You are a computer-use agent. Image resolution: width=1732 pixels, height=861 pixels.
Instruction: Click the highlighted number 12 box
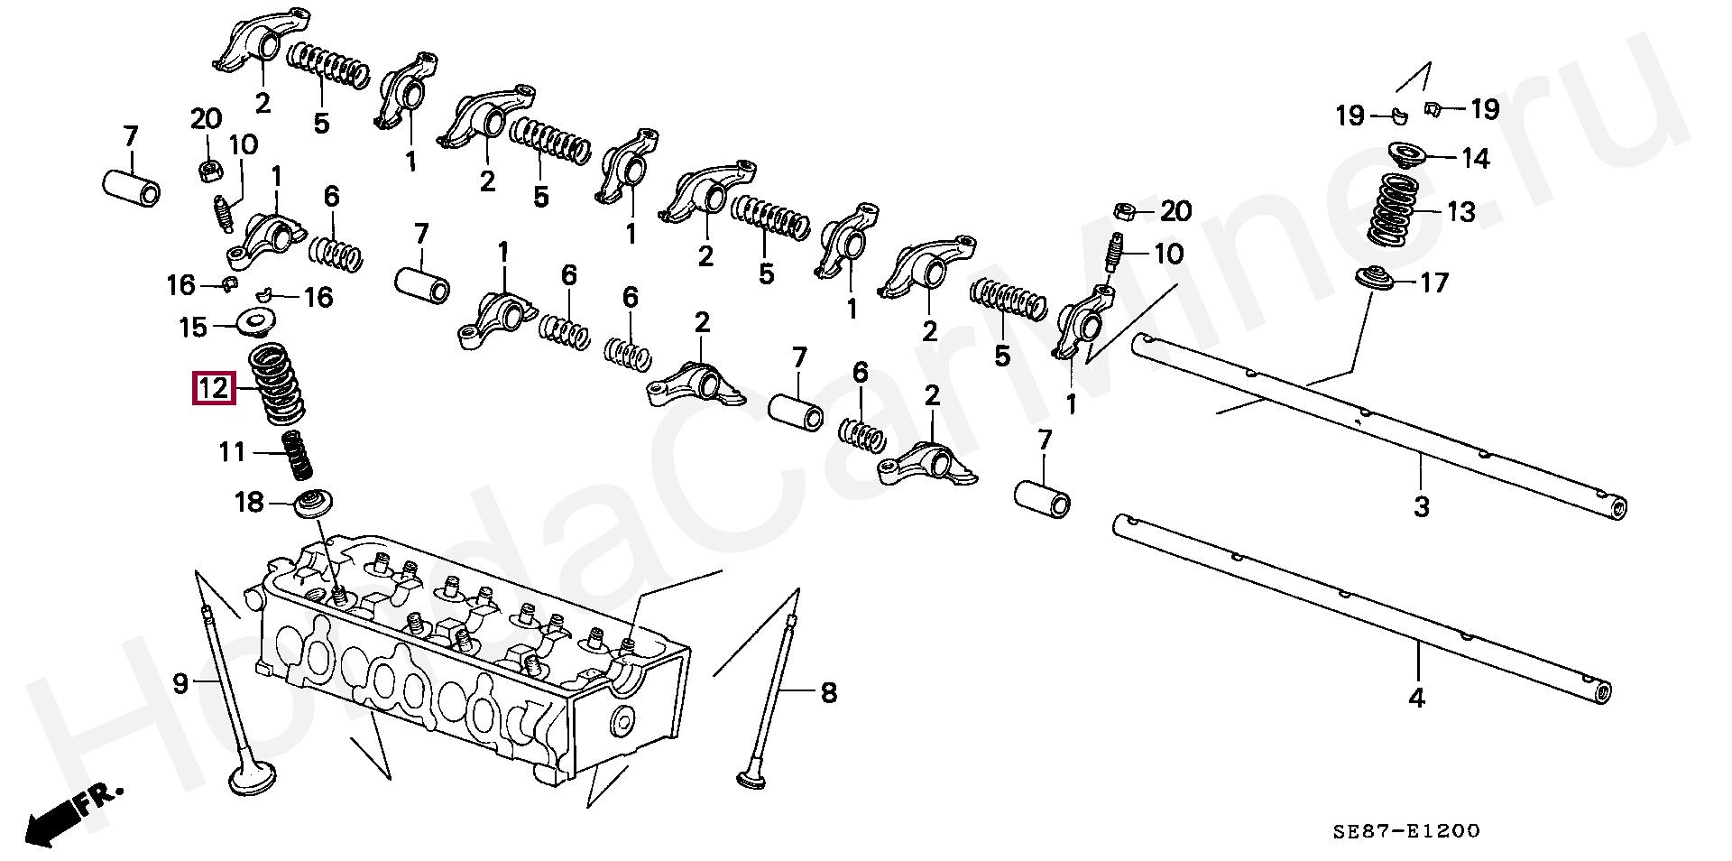214,389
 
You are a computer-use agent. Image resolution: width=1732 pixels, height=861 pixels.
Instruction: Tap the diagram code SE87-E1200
1406,830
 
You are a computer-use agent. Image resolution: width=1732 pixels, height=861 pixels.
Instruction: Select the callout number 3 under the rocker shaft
1422,506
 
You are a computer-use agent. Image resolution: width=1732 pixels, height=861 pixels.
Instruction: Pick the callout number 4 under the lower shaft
1417,697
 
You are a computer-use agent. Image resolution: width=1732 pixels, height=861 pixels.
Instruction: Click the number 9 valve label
180,683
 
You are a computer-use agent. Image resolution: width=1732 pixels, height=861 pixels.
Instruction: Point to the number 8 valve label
828,692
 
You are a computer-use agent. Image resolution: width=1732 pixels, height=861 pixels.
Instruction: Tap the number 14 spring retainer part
1407,154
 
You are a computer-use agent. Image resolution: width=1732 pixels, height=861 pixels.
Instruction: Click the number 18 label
249,502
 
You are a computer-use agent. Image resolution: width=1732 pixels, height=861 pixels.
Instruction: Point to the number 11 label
233,451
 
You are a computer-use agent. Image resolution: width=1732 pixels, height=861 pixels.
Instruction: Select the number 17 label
1433,282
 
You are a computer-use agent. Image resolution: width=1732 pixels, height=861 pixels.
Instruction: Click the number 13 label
1461,212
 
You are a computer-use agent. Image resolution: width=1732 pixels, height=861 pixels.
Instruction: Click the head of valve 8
751,778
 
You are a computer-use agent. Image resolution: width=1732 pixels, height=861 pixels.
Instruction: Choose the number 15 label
193,327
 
